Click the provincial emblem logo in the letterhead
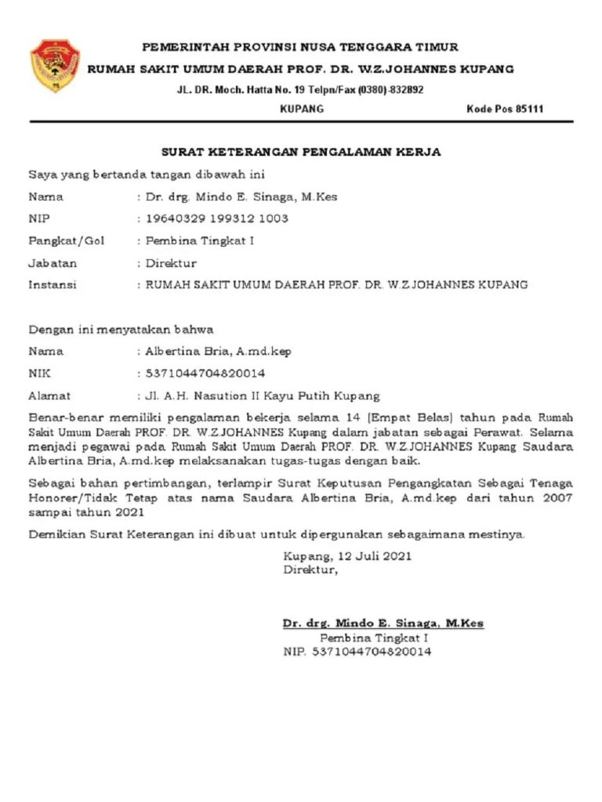pyautogui.click(x=54, y=65)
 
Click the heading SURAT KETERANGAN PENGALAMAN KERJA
pyautogui.click(x=301, y=152)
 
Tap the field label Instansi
pyautogui.click(x=53, y=285)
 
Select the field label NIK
pyautogui.click(x=40, y=374)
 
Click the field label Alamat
pyautogui.click(x=49, y=396)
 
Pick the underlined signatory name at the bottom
pyautogui.click(x=383, y=623)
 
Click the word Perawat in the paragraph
pyautogui.click(x=502, y=432)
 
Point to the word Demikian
pyautogui.click(x=54, y=535)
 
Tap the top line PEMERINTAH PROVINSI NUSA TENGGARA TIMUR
pyautogui.click(x=300, y=47)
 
